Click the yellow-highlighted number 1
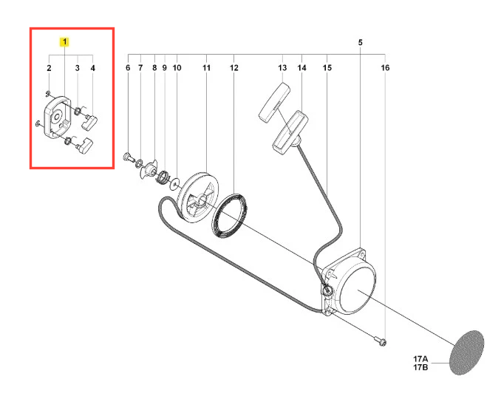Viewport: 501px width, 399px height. pos(64,42)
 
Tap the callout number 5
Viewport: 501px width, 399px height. pos(361,43)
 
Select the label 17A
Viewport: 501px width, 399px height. pos(420,359)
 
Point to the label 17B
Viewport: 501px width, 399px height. pos(420,367)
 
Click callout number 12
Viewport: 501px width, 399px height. pos(234,68)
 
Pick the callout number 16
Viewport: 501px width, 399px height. pos(385,68)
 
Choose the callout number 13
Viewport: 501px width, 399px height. pos(282,68)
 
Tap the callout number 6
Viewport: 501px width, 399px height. pos(128,68)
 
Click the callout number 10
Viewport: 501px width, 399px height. pos(177,68)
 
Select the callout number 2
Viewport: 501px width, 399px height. pos(49,68)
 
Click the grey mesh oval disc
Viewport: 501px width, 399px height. pos(467,352)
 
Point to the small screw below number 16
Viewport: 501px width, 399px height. pos(381,341)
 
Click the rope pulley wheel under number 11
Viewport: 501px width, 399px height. pos(198,198)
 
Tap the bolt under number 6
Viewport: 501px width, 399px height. pos(128,157)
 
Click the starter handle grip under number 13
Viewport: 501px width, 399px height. pos(274,102)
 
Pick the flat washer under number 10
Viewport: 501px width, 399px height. pos(175,184)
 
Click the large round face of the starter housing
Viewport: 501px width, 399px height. pos(357,290)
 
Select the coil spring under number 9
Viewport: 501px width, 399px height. pos(163,177)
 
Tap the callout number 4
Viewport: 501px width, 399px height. pos(93,68)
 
